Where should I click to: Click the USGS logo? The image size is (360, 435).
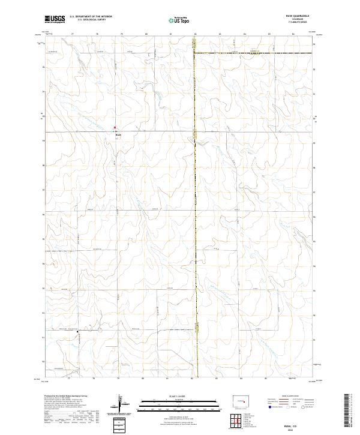tap(55, 19)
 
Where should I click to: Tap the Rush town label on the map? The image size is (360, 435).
tap(118, 134)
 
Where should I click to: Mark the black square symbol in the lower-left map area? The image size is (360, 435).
tap(77, 331)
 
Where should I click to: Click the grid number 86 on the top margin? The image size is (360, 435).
tap(293, 34)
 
